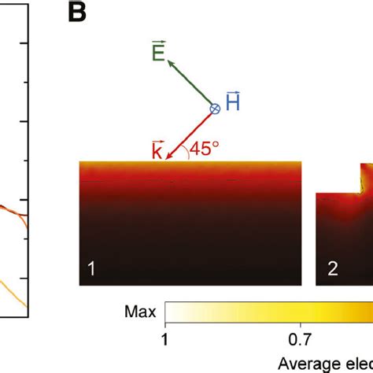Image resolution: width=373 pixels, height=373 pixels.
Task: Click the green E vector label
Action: coord(157,54)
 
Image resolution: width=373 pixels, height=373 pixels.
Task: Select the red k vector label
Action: coord(157,150)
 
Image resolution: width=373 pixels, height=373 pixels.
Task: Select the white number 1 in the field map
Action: coord(91,268)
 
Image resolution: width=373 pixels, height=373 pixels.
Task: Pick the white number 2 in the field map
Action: coord(333,268)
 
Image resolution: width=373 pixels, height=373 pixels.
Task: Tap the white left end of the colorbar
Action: coord(169,312)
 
